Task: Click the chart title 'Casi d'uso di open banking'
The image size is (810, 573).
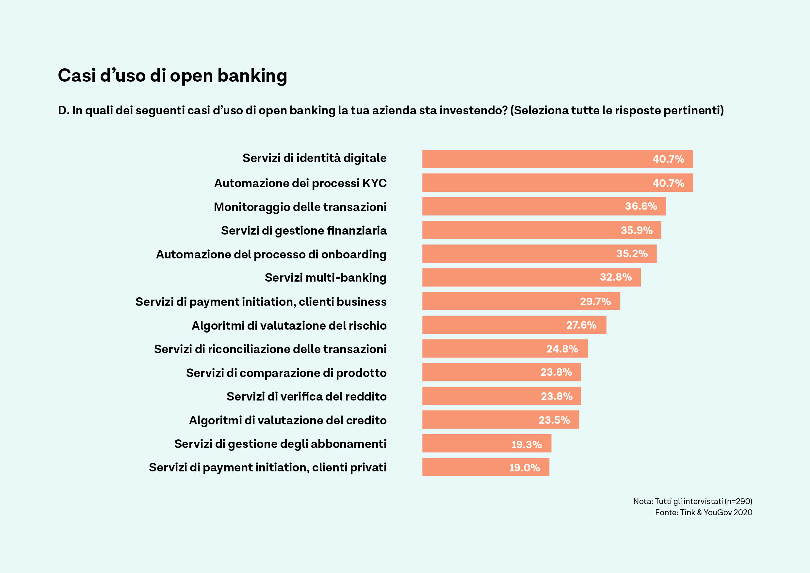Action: [x=172, y=75]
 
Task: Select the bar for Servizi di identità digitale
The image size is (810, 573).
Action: [x=558, y=159]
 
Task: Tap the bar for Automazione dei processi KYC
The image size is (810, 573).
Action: [x=558, y=183]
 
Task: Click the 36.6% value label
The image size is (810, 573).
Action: [x=641, y=206]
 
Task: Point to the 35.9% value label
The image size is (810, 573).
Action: [x=637, y=230]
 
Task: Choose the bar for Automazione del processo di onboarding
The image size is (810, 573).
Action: [x=539, y=254]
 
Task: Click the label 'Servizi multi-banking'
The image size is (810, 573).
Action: [x=325, y=278]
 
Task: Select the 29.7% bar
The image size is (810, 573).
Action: [x=521, y=301]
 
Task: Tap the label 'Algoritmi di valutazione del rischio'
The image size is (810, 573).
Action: [x=289, y=325]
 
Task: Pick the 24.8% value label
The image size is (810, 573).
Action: [x=562, y=349]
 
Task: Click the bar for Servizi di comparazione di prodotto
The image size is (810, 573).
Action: [x=501, y=372]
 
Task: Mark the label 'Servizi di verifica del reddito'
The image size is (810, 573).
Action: [x=306, y=397]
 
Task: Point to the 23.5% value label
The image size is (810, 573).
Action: [x=554, y=420]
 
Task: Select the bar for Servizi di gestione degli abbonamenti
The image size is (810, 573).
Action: [x=487, y=444]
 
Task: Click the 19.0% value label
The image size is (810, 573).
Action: [x=524, y=467]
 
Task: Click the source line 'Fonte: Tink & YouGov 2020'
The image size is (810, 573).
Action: [x=704, y=512]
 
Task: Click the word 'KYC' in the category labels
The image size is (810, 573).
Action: [x=374, y=183]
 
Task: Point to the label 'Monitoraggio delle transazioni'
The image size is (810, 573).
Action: [x=300, y=207]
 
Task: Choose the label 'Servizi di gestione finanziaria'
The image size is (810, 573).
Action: [x=303, y=230]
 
